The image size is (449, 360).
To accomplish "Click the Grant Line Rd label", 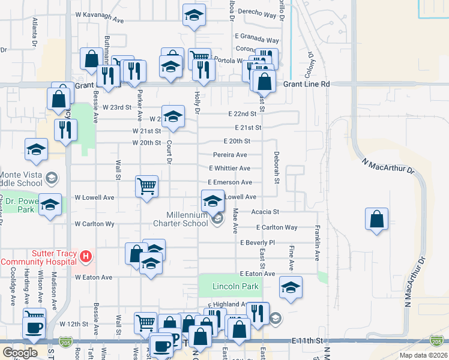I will (307, 85).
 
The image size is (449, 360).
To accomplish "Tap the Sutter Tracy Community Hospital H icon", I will (86, 257).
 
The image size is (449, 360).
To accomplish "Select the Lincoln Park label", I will (235, 287).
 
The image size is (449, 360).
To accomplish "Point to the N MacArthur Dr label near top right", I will (388, 165).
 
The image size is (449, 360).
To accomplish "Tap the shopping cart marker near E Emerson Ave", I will (147, 186).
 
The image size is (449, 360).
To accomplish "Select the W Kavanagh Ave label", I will (100, 20).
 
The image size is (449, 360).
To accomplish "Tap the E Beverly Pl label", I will (257, 243).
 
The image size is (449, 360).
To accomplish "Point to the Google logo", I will (20, 353).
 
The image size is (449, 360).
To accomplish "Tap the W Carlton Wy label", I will (94, 224).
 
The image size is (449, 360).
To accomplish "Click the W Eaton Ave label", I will (94, 277).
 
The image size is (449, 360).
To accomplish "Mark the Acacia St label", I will (265, 212).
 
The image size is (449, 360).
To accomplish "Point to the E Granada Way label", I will (257, 40).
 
